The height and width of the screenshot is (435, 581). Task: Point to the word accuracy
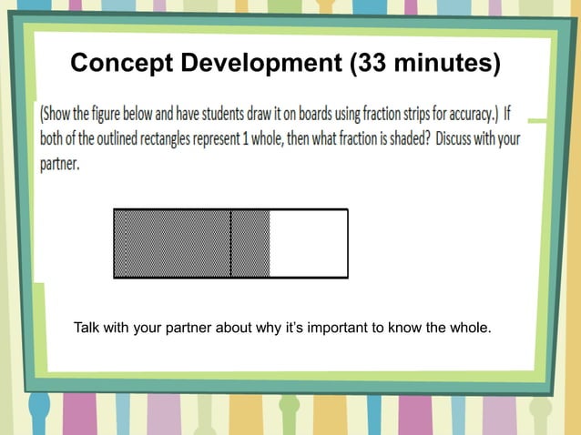(474, 116)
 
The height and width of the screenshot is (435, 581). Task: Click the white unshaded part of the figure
(308, 243)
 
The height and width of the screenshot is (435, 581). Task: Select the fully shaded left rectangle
(172, 243)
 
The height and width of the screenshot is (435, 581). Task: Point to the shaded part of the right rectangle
(250, 243)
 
